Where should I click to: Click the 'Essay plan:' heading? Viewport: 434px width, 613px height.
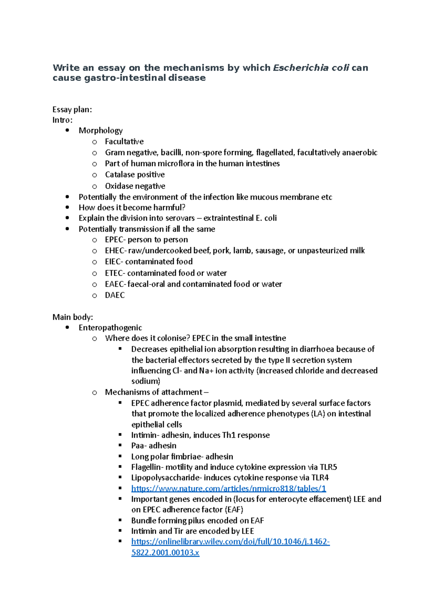72,109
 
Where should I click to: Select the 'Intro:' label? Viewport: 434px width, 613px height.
62,120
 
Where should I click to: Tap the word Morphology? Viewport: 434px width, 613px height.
101,130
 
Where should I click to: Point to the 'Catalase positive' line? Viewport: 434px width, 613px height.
135,175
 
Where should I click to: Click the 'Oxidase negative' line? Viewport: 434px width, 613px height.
135,186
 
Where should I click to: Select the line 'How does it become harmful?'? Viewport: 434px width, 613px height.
132,208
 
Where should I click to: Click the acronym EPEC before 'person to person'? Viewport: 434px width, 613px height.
114,240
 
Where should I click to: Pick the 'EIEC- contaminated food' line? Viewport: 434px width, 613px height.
149,261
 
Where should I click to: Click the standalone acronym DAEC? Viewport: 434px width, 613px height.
115,295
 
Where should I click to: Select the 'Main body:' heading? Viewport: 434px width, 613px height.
73,317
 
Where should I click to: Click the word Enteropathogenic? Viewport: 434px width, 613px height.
110,327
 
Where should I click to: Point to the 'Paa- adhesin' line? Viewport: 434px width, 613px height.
154,445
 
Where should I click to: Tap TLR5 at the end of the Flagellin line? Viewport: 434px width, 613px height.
328,467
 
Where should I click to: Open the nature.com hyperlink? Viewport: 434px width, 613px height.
229,488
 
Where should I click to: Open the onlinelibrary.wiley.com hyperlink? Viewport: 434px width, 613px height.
230,542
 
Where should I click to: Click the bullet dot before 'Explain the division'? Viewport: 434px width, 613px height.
67,218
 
